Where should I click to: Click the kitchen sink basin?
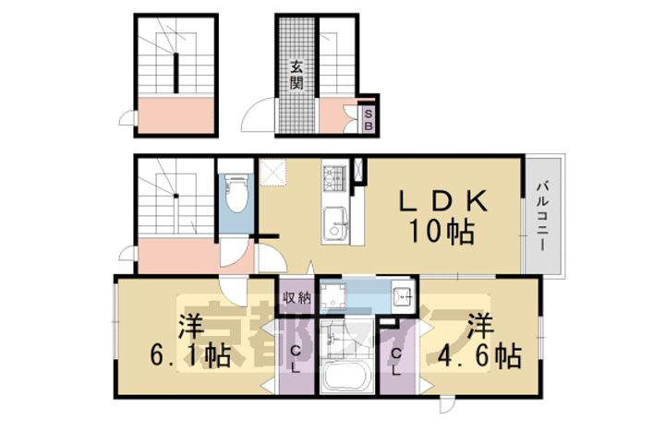point(334,222)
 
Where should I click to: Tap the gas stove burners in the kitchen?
point(333,174)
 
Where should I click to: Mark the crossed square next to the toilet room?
point(273,172)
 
